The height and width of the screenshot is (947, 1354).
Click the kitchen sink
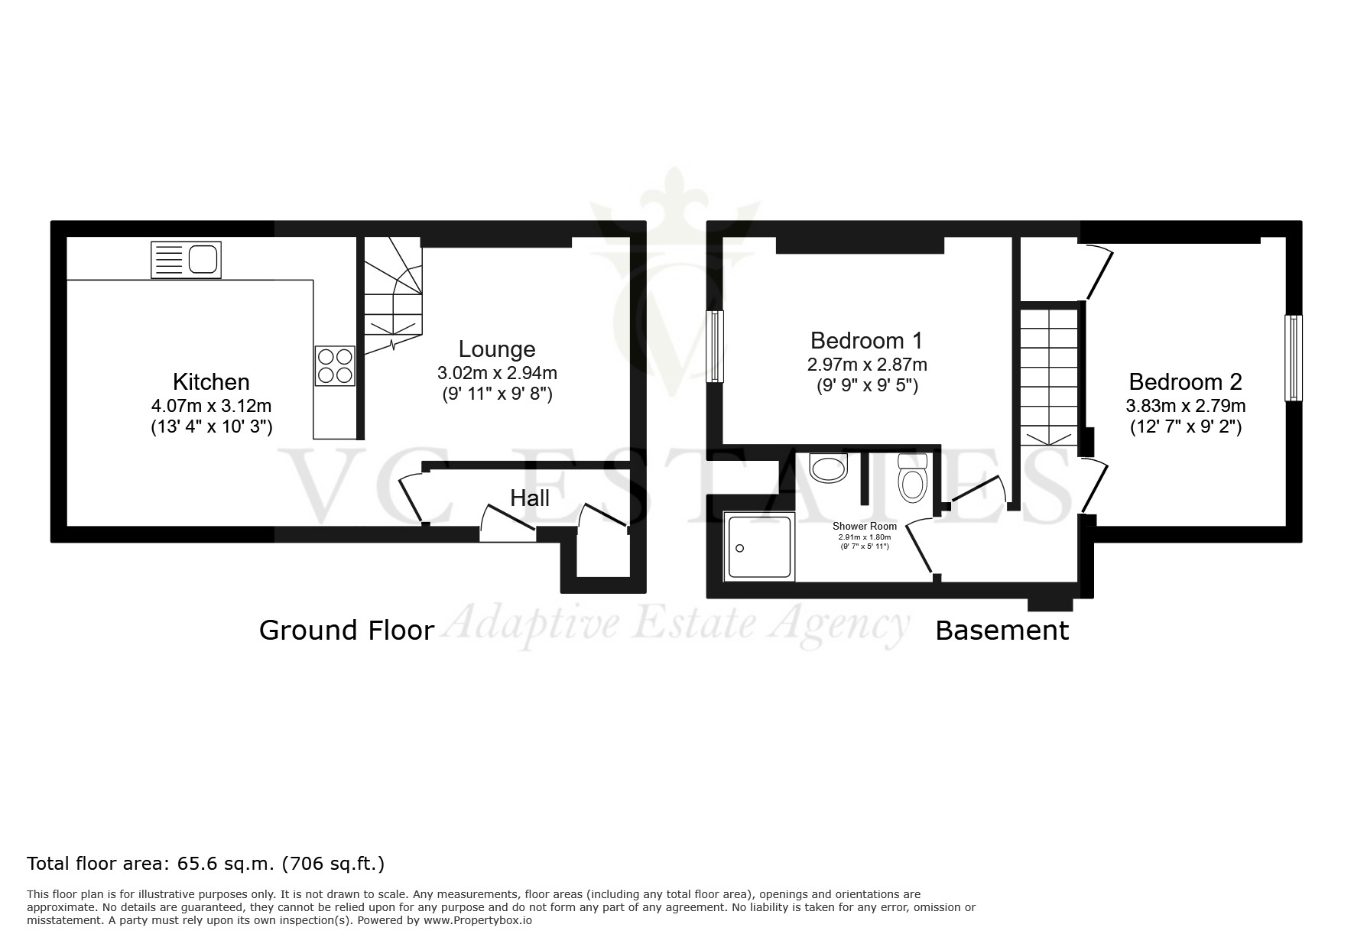click(x=186, y=259)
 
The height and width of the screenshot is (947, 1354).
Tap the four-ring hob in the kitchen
click(x=335, y=366)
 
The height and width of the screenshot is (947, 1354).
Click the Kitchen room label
click(x=211, y=382)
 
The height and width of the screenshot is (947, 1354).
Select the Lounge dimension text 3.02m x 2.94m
click(x=497, y=373)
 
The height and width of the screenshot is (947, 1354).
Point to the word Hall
click(x=530, y=498)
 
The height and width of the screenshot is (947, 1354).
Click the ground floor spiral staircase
click(x=392, y=296)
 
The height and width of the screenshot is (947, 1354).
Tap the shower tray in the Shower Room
click(x=759, y=546)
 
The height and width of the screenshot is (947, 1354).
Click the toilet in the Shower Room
click(x=912, y=478)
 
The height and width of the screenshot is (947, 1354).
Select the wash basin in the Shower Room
click(x=829, y=468)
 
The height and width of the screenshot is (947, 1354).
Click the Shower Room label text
click(x=865, y=526)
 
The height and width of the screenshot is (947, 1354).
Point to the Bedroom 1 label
click(x=867, y=339)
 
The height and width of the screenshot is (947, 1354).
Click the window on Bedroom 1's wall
click(x=715, y=346)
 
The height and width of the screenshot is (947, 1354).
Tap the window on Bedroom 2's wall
click(x=1294, y=358)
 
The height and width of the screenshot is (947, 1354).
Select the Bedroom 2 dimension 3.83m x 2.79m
click(x=1186, y=406)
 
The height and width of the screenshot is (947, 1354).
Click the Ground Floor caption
click(x=346, y=631)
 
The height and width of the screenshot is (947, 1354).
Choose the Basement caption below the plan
click(x=1002, y=631)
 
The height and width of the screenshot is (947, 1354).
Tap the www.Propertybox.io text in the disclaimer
click(x=478, y=920)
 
